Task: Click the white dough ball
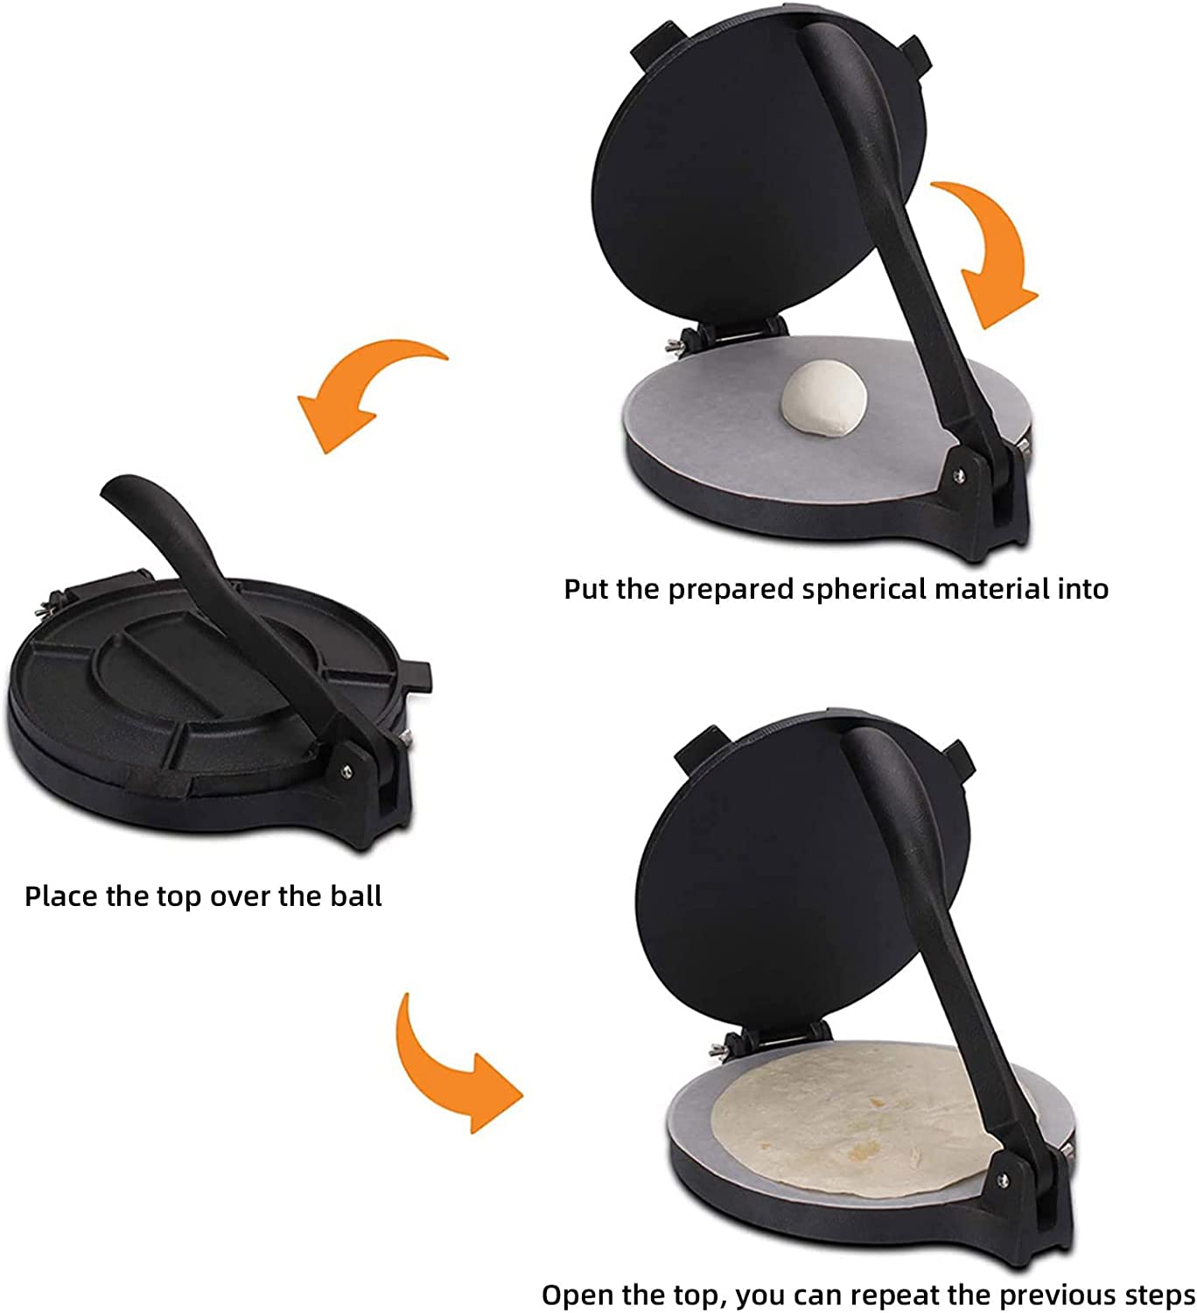pyautogui.click(x=823, y=398)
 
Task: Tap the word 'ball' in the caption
pyautogui.click(x=356, y=896)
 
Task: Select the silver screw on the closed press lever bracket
pyautogui.click(x=346, y=770)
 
